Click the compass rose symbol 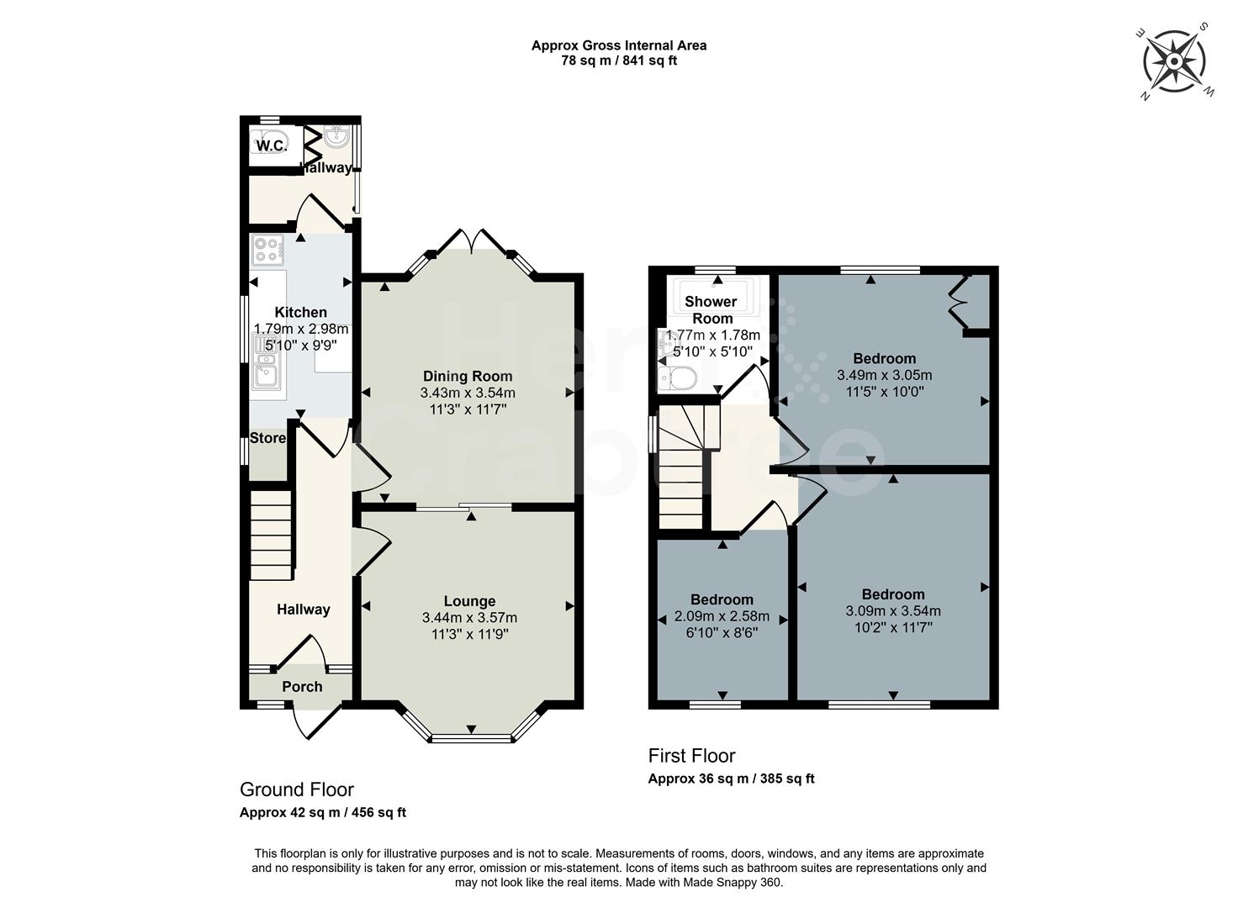(x=1174, y=61)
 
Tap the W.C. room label (x=270, y=145)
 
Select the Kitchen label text (x=300, y=313)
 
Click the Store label (x=267, y=438)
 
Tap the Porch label (x=302, y=687)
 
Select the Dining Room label (x=468, y=376)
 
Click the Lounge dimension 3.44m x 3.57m (x=469, y=618)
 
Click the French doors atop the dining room (x=473, y=241)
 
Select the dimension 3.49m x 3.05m (x=884, y=375)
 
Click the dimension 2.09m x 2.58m (x=722, y=616)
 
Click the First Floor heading (x=691, y=756)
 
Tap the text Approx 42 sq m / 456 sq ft (x=323, y=813)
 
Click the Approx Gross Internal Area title (x=618, y=45)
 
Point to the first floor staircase (x=681, y=467)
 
